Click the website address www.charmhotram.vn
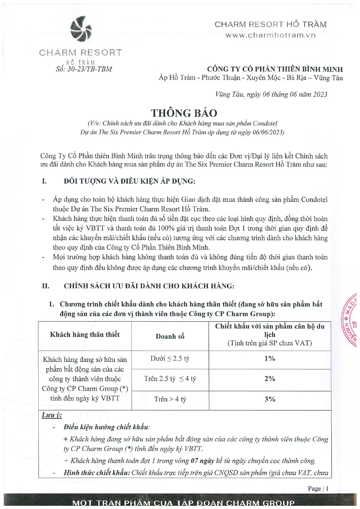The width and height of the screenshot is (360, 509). click(270, 35)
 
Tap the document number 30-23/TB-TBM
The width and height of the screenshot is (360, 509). click(84, 69)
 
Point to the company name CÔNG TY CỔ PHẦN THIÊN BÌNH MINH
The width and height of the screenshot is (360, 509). click(275, 69)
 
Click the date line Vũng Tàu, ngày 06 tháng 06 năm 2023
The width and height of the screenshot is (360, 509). click(271, 94)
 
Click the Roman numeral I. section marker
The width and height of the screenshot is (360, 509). click(44, 181)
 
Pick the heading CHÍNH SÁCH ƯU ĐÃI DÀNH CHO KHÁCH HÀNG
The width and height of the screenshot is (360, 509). click(149, 286)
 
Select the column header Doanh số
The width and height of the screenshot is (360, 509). click(170, 336)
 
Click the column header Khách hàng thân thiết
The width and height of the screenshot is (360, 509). click(85, 334)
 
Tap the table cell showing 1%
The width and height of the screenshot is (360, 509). click(270, 358)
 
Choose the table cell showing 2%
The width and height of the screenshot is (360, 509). click(270, 378)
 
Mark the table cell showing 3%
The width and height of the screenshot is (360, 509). click(270, 399)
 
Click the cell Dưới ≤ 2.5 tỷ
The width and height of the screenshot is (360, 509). click(170, 358)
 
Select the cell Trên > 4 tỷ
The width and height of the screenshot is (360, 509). click(170, 399)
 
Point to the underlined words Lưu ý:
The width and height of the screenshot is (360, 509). click(52, 415)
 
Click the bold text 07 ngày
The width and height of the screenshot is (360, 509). click(202, 461)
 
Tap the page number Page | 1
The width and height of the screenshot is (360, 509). click(318, 488)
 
